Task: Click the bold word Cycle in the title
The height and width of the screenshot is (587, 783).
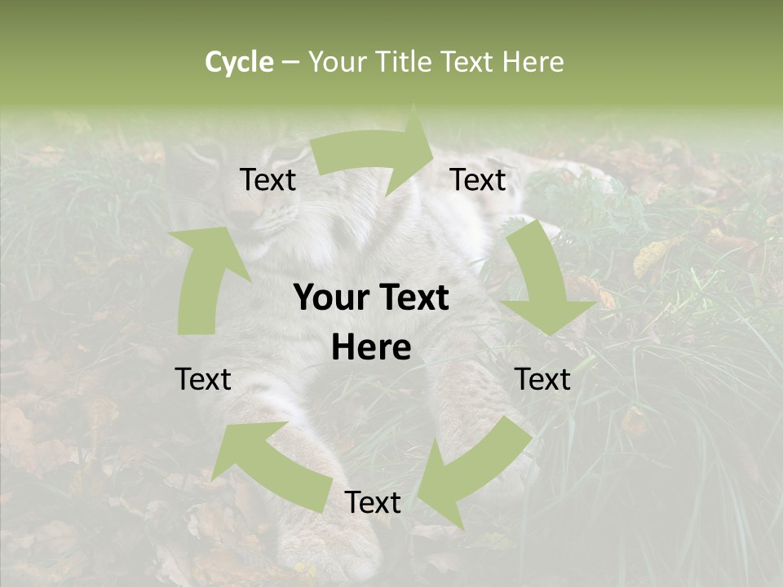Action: point(239,62)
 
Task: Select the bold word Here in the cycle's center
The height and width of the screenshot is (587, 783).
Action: point(371,348)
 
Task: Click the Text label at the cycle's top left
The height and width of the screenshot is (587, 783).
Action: point(268,179)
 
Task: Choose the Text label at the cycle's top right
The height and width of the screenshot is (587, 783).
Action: point(478,179)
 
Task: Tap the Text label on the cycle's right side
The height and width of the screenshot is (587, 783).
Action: point(542,379)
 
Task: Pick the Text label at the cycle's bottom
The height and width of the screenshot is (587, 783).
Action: point(373,502)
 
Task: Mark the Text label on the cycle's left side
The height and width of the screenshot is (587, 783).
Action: point(203,379)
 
